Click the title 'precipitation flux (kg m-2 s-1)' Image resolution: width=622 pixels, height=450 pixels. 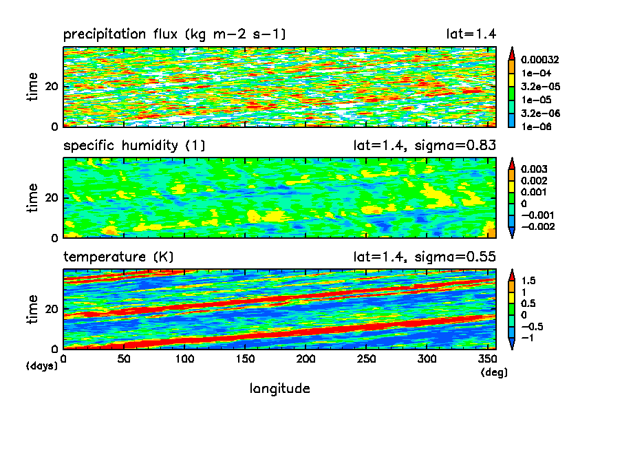(175, 34)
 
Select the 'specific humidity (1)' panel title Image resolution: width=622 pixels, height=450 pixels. (134, 146)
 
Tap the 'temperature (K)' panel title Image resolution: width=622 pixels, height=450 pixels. (118, 257)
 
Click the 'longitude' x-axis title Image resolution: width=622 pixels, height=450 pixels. (279, 389)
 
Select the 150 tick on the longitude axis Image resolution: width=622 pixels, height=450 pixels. (245, 359)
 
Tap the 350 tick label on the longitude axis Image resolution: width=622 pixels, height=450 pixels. (486, 359)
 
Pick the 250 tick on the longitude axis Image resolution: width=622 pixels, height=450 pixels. (366, 359)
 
